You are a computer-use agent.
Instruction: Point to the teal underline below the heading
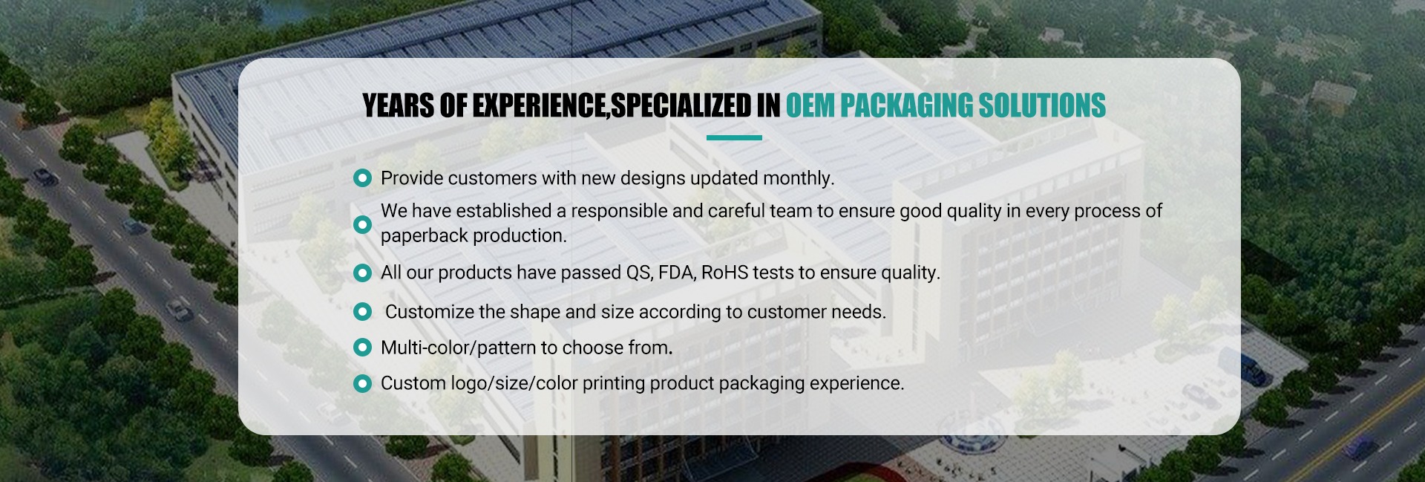tap(734, 137)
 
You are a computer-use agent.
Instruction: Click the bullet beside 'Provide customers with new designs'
tap(362, 178)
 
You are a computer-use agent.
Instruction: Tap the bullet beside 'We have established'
tap(362, 224)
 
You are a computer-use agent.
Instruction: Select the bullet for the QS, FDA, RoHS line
tap(362, 273)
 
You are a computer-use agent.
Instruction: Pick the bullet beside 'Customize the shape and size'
tap(362, 312)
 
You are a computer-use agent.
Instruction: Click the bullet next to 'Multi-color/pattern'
tap(362, 348)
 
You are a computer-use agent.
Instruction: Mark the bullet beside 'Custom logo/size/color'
tap(362, 383)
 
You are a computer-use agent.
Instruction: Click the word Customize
tap(429, 312)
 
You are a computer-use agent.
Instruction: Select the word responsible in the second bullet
tap(617, 212)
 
